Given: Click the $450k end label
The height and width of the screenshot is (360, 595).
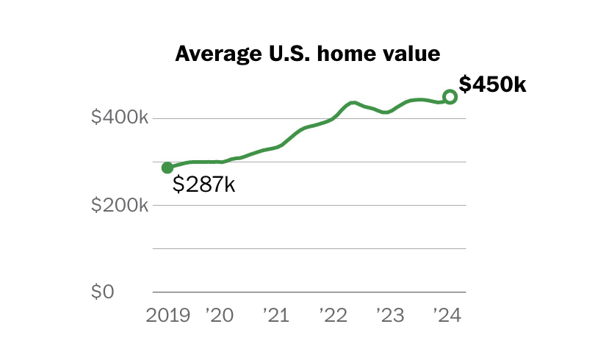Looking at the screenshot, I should click(x=493, y=84).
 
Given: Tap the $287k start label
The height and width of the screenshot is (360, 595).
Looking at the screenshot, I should click(x=203, y=184).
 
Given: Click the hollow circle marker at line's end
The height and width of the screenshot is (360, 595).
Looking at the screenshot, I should click(x=450, y=97).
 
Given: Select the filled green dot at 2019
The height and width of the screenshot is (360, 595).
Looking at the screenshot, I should click(x=167, y=168).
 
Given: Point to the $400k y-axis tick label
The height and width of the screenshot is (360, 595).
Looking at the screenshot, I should click(x=120, y=118).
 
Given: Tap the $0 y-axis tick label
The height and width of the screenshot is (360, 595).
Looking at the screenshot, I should click(x=104, y=292).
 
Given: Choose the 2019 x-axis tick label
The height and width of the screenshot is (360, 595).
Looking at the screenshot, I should click(x=168, y=316).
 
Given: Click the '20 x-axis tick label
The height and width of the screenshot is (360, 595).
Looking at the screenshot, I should click(x=219, y=316).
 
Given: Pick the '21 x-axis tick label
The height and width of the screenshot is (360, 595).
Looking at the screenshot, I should click(x=275, y=316).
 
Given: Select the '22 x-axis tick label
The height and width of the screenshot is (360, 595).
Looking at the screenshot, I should click(x=332, y=316).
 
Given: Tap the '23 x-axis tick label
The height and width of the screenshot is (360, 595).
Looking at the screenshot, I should click(x=389, y=316).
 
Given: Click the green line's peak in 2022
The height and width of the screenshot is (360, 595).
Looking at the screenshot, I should click(x=353, y=102).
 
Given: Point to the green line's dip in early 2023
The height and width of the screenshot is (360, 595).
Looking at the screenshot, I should click(x=386, y=112).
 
